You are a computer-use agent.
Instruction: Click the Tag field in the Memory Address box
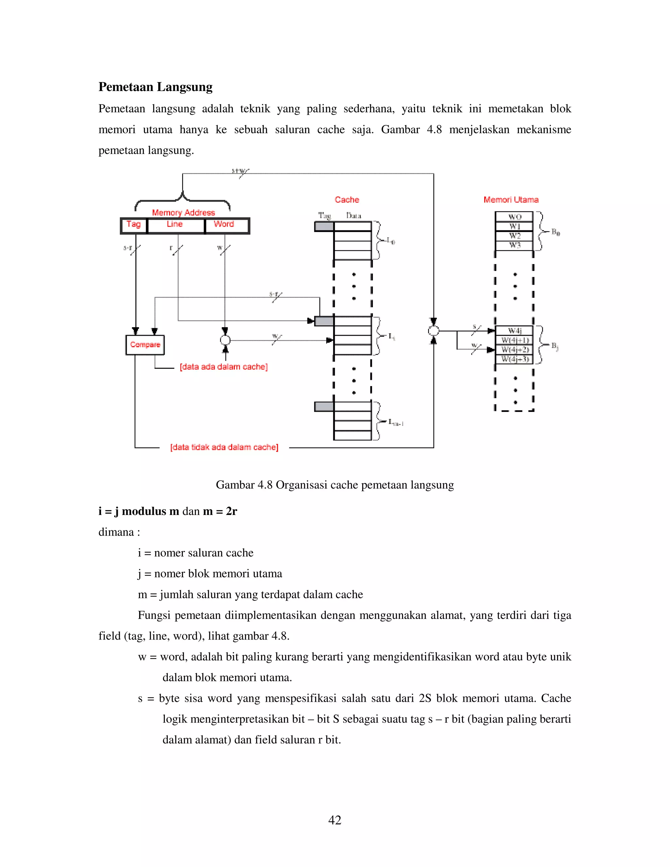coord(134,225)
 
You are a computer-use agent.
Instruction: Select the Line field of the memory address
coord(175,225)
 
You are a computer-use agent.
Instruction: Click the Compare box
coord(145,345)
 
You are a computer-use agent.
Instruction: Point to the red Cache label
coord(346,200)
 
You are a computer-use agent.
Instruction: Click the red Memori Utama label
coord(511,200)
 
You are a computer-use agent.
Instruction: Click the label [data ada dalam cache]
coord(223,367)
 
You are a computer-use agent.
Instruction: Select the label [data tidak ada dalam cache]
coord(224,447)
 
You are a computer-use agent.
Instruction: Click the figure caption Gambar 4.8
coord(335,485)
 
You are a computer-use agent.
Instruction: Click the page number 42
coord(335,820)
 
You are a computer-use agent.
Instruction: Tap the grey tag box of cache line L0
coord(324,227)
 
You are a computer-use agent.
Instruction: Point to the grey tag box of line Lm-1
coord(324,406)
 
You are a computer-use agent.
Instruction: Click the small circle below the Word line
coord(225,340)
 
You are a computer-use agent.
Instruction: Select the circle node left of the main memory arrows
coord(433,331)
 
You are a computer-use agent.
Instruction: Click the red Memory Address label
coord(184,213)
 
